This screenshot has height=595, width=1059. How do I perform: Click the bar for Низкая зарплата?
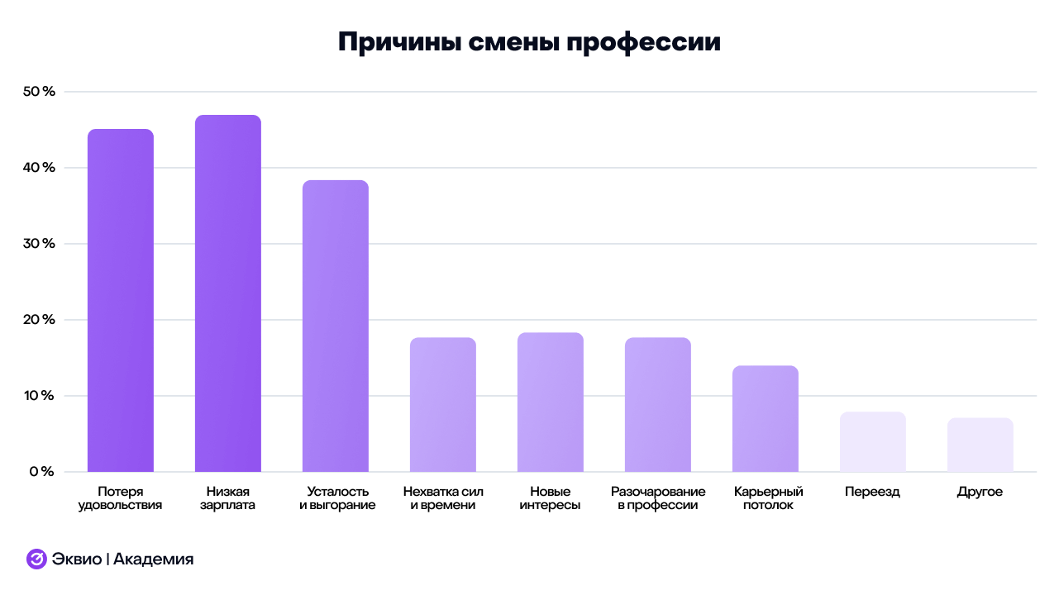coord(227,293)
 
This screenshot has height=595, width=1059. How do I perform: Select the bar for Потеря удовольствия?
coord(120,300)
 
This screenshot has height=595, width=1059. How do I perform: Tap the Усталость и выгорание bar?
coord(335,326)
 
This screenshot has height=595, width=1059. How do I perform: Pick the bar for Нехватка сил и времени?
coord(442,404)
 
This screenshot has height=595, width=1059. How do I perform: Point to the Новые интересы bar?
coord(550,402)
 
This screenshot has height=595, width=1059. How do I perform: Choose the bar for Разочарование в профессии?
coord(657,404)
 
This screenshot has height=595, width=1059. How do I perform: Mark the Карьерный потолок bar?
coord(765,418)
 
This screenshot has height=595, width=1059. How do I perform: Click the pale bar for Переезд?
coord(872,441)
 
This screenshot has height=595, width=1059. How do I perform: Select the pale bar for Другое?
coord(980,445)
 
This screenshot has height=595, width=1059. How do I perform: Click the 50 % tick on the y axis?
coord(39,92)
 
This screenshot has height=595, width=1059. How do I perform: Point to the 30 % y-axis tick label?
coord(39,244)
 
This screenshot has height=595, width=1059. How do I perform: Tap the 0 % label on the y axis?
coord(42,472)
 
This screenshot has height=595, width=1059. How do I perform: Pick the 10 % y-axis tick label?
coord(39,396)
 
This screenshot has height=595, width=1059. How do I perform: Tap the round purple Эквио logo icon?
coord(36,559)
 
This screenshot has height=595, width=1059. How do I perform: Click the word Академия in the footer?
coord(153,559)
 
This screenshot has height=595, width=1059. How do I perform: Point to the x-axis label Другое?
coord(980,492)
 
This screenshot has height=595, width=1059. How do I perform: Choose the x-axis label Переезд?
coord(872,492)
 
